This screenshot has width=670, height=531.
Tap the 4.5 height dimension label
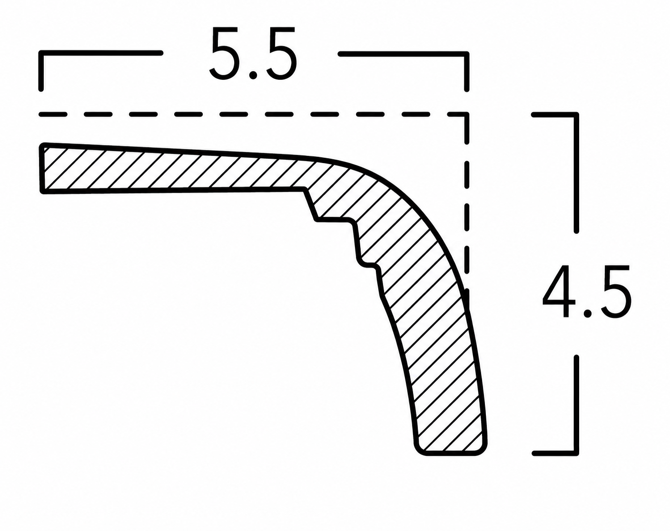587,291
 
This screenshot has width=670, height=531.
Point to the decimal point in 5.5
254,75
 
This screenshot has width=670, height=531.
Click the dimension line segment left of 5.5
101,54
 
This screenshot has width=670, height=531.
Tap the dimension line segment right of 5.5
403,54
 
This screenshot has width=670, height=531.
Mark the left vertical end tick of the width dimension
41,72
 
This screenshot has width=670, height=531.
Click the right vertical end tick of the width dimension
466,72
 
